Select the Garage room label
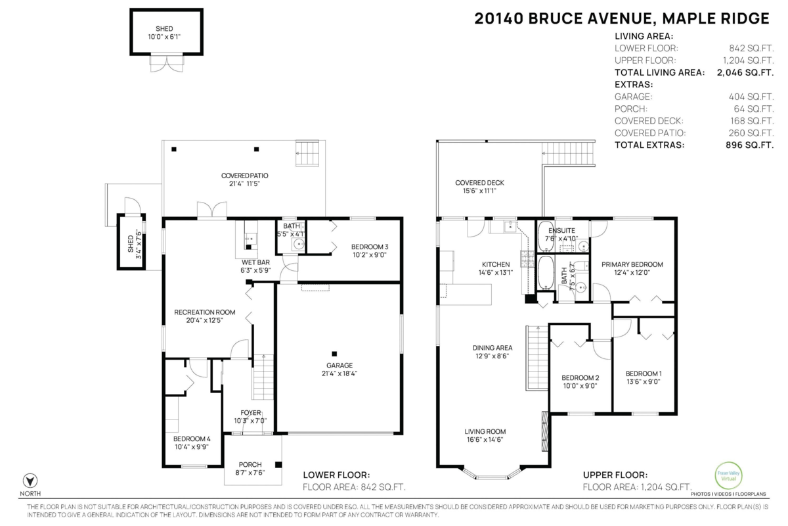340,366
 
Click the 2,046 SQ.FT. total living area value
746,72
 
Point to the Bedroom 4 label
192,439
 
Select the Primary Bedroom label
632,264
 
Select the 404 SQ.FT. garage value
746,97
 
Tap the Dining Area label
492,348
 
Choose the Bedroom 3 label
351,247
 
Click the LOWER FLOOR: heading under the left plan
336,475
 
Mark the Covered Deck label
479,183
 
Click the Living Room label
485,432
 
